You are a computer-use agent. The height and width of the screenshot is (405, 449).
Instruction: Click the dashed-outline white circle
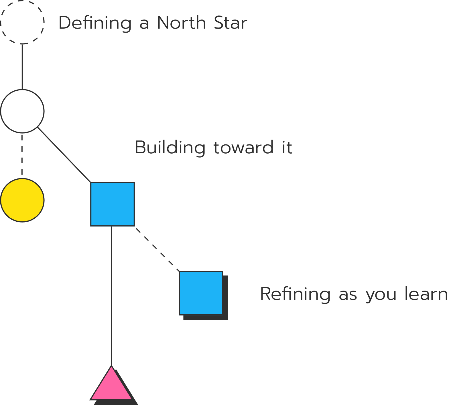[x=22, y=22]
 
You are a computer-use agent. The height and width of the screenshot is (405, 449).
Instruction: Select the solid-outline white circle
[x=22, y=111]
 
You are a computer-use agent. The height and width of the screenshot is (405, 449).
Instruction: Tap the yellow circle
[x=22, y=200]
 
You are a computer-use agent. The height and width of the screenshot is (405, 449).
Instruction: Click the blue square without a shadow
[x=113, y=204]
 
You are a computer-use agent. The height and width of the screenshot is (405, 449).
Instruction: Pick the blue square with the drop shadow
[x=201, y=293]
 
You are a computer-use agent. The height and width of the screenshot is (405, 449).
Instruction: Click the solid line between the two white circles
[x=22, y=67]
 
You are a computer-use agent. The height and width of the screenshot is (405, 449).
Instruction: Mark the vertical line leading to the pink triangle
[x=111, y=295]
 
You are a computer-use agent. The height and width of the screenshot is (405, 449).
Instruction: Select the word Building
[x=170, y=148]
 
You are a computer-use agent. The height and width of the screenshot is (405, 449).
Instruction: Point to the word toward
[x=243, y=148]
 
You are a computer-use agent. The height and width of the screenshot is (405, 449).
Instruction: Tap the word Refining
[x=295, y=294]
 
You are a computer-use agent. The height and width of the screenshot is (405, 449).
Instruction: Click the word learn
[x=426, y=293]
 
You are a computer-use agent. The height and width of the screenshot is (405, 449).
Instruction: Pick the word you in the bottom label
[x=381, y=295]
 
